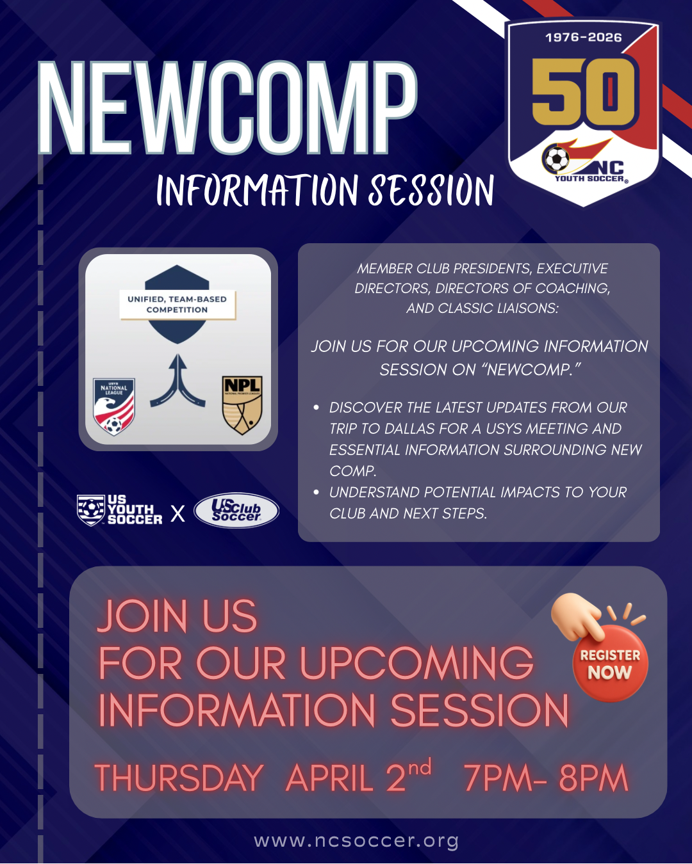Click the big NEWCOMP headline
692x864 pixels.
[227, 109]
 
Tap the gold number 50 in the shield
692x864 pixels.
[583, 92]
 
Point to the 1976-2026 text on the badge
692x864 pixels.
[583, 38]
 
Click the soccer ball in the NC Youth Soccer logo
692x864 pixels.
[556, 159]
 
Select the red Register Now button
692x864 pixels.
[610, 664]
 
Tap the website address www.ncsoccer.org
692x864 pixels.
[356, 840]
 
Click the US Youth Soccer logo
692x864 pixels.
[120, 510]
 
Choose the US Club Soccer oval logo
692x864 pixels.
[236, 510]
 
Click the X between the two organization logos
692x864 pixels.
[177, 513]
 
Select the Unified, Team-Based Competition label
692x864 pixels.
[177, 305]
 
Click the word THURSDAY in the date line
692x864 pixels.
[179, 778]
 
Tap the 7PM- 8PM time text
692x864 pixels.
[545, 778]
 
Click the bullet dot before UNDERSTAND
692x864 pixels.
[316, 492]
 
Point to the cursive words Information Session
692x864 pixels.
[325, 191]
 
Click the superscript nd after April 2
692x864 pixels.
[420, 767]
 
